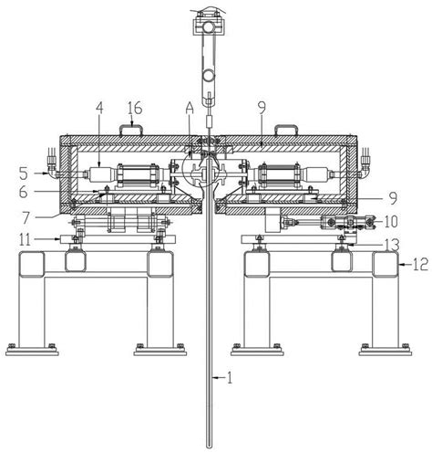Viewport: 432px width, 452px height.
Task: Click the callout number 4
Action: click(99, 109)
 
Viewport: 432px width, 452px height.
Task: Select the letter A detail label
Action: click(190, 108)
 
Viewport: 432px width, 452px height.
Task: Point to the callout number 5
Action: click(24, 173)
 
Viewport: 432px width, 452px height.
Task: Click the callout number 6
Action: click(24, 192)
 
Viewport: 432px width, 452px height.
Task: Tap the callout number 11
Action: click(26, 240)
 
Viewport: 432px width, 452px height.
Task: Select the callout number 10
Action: click(391, 222)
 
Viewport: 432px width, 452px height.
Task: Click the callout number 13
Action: click(391, 244)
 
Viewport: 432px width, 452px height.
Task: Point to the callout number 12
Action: click(420, 264)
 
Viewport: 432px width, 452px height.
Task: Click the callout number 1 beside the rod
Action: click(230, 378)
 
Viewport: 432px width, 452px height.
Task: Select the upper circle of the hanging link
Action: click(209, 28)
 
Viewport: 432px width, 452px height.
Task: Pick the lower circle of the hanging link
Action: click(209, 75)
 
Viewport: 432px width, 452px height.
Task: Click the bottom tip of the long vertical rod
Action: click(209, 447)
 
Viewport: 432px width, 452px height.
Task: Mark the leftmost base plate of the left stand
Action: click(32, 353)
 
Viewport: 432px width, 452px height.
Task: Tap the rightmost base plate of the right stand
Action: click(386, 353)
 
